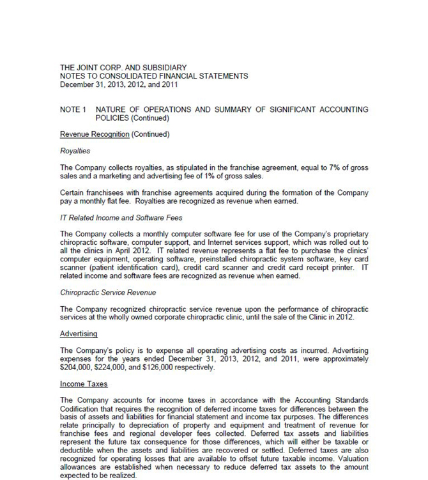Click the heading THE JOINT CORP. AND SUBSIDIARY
[x=123, y=67]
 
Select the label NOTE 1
[x=73, y=110]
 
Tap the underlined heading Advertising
[x=78, y=334]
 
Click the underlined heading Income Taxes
[x=84, y=383]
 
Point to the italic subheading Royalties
[x=75, y=151]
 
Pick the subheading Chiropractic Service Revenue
[x=108, y=292]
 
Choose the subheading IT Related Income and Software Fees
[x=121, y=218]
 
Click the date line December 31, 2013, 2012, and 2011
[x=119, y=84]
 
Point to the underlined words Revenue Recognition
[x=95, y=134]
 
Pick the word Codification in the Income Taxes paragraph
[x=82, y=409]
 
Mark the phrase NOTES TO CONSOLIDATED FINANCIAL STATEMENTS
[x=154, y=75]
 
